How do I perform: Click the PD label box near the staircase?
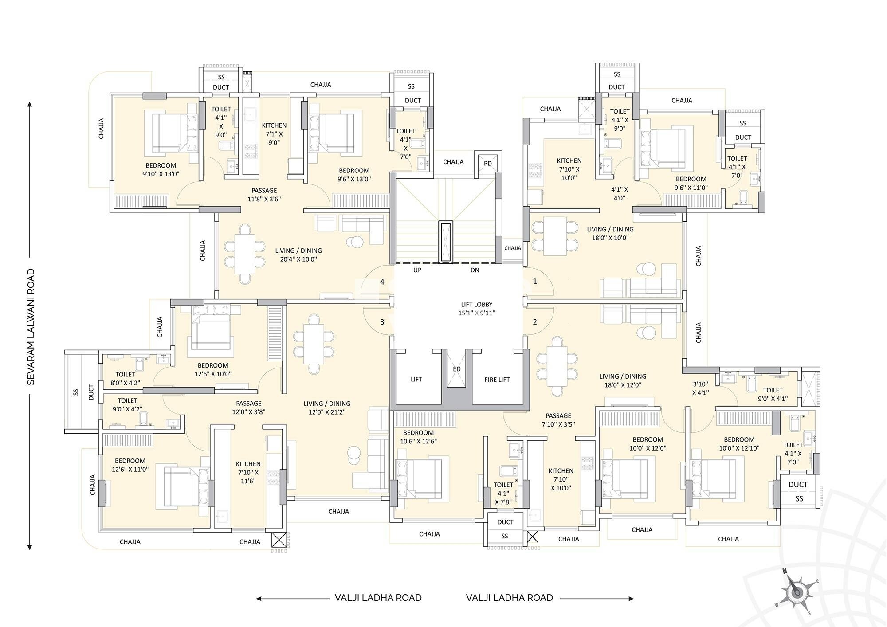488,163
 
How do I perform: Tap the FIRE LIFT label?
497,380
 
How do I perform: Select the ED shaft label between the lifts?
457,369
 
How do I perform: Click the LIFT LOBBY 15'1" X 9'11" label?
477,309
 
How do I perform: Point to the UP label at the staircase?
417,270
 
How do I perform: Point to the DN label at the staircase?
475,270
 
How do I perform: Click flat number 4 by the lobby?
382,282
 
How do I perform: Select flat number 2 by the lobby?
535,322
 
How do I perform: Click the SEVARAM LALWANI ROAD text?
31,327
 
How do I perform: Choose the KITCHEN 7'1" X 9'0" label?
274,134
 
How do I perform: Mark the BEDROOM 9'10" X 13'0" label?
161,170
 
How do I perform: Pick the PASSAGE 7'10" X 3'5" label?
558,420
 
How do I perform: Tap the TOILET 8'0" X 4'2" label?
126,379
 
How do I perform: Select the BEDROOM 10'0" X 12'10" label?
739,444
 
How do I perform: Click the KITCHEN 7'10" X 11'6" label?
248,472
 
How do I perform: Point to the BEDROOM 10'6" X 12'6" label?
418,437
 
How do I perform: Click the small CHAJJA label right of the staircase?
513,248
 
